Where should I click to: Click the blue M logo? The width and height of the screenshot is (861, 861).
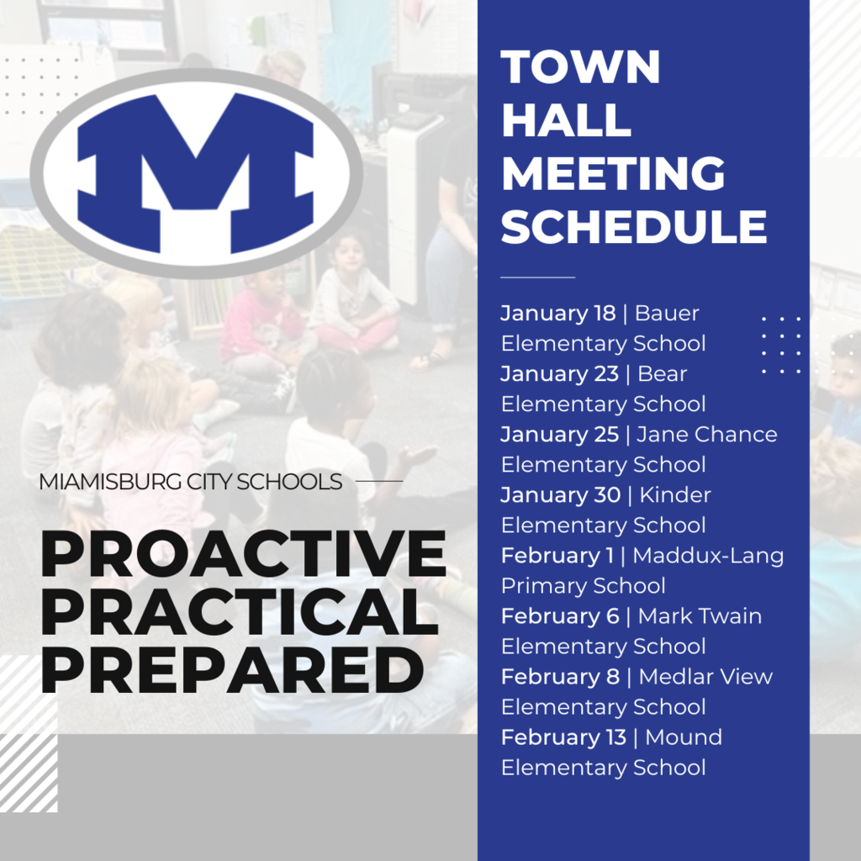click(x=196, y=172)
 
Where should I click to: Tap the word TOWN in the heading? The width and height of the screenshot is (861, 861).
click(x=580, y=67)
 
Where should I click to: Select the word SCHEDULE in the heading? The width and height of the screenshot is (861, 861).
click(x=634, y=226)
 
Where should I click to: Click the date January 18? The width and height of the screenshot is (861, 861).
click(x=558, y=314)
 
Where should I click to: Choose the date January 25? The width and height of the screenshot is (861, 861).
click(x=561, y=435)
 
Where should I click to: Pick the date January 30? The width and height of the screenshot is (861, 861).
click(x=561, y=495)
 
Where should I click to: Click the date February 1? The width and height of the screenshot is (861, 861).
click(x=557, y=556)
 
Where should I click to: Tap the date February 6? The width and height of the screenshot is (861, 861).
click(x=560, y=616)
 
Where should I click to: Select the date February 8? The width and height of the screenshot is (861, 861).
click(x=560, y=677)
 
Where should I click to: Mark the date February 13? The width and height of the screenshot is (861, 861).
click(x=563, y=737)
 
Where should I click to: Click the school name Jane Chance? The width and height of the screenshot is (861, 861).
click(x=707, y=435)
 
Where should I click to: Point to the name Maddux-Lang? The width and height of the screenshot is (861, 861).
click(x=708, y=556)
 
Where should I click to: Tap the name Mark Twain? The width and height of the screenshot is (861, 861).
click(x=700, y=616)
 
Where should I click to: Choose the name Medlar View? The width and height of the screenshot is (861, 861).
click(x=705, y=677)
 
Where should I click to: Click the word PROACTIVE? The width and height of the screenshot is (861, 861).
click(x=243, y=556)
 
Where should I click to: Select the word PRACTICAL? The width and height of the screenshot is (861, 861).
click(x=239, y=612)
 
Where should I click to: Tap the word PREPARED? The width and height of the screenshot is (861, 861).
click(x=231, y=670)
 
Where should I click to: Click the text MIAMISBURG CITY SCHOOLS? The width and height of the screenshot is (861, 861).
click(x=191, y=483)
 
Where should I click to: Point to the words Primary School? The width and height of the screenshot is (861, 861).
click(x=583, y=586)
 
